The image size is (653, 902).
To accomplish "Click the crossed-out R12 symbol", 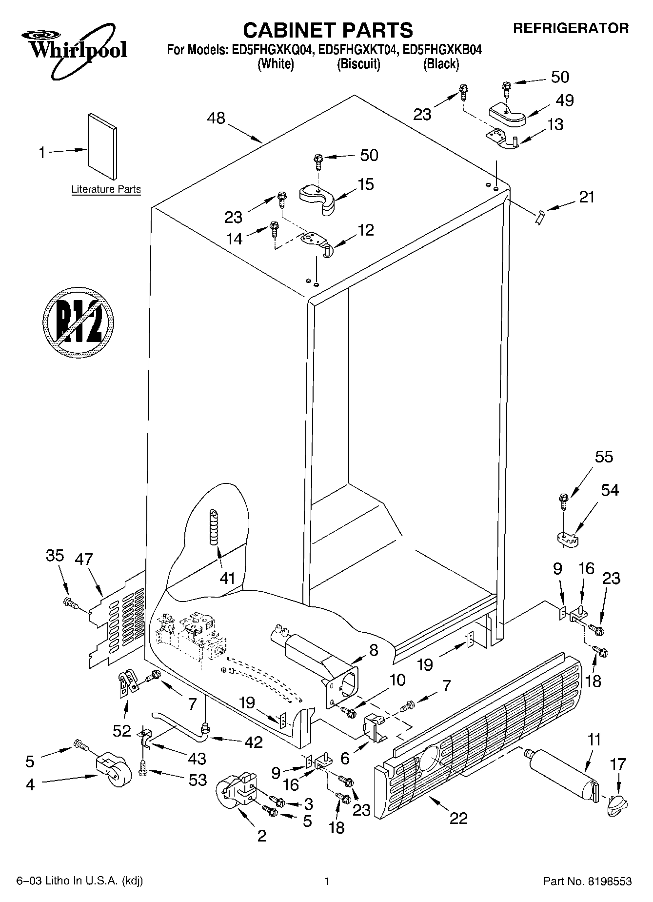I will pyautogui.click(x=79, y=322).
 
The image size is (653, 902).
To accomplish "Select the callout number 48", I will pyautogui.click(x=217, y=118).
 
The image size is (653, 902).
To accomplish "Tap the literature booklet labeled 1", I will pyautogui.click(x=102, y=146).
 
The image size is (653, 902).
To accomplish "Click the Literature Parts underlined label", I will pyautogui.click(x=106, y=189).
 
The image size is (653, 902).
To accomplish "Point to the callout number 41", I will pyautogui.click(x=227, y=579).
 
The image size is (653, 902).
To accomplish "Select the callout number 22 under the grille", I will pyautogui.click(x=459, y=818).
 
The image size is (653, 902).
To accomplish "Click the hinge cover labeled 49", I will pyautogui.click(x=507, y=114).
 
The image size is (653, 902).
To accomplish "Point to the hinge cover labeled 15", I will pyautogui.click(x=317, y=198).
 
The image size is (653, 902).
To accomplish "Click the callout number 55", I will pyautogui.click(x=604, y=457).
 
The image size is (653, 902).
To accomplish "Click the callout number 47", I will pyautogui.click(x=84, y=559).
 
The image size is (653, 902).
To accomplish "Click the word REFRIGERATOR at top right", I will pyautogui.click(x=571, y=28).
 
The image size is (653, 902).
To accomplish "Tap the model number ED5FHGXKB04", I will pyautogui.click(x=441, y=49).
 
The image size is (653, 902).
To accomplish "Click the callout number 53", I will pyautogui.click(x=198, y=780).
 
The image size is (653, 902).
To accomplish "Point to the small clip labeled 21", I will pyautogui.click(x=539, y=217).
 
